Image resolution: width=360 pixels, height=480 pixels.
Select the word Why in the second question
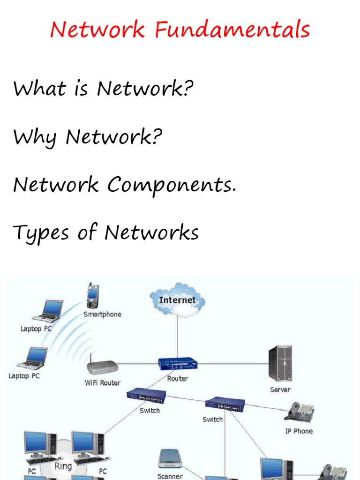35,138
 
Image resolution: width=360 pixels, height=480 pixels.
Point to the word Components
172,185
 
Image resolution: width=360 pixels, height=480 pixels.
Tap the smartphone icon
93,296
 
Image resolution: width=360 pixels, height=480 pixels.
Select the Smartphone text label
102,315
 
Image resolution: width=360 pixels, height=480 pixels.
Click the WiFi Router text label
102,383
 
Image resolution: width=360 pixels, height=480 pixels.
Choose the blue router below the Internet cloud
178,364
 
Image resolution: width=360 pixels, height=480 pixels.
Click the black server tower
280,363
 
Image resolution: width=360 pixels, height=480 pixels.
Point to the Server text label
280,390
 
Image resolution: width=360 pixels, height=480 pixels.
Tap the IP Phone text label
299,431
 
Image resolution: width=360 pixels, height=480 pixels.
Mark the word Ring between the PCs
63,466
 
